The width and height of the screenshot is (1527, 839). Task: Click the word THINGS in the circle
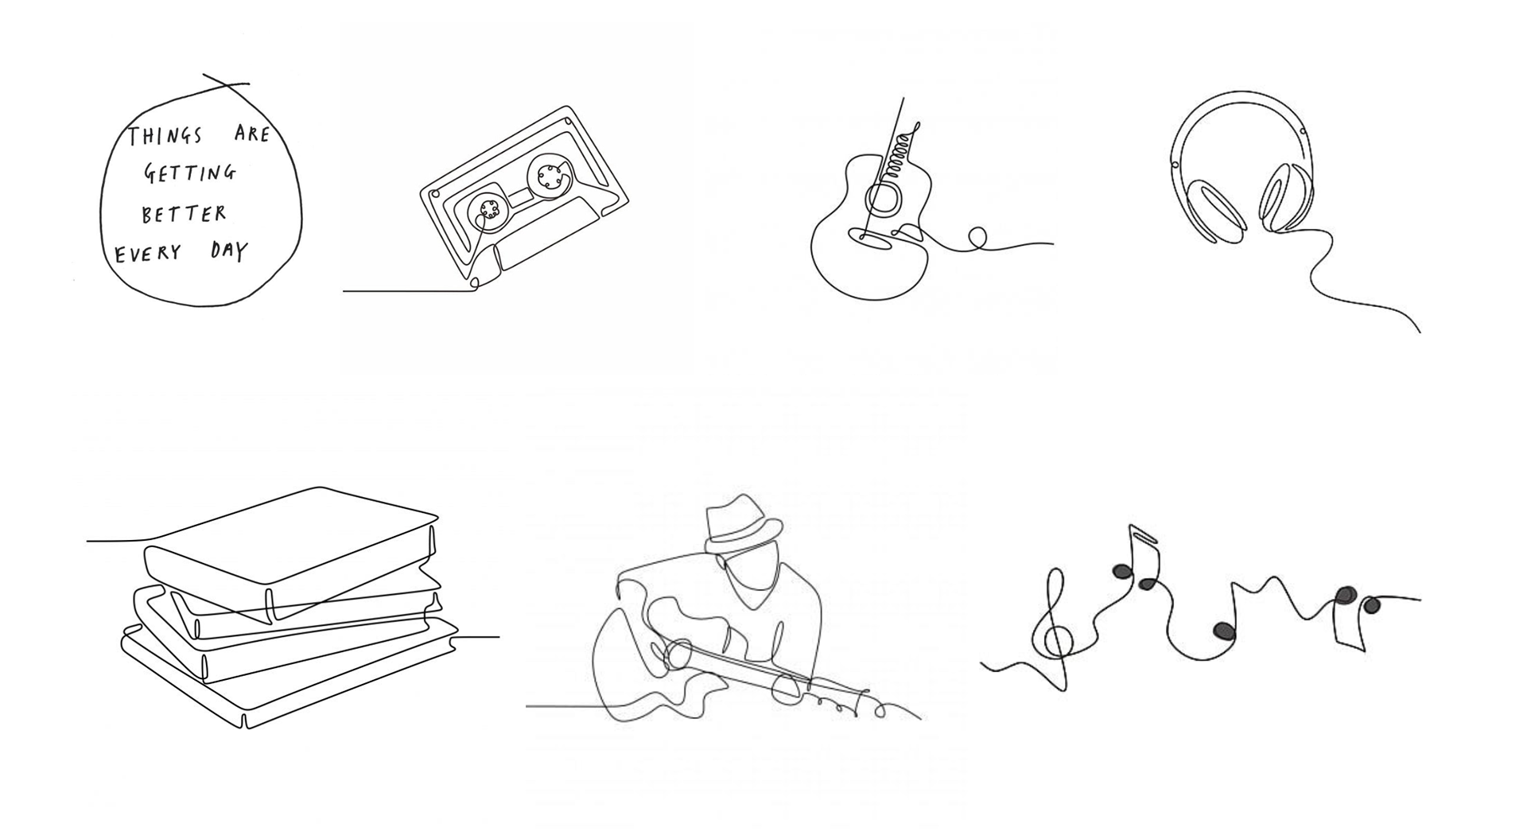pyautogui.click(x=165, y=136)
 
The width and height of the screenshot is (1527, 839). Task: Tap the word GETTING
pyautogui.click(x=190, y=173)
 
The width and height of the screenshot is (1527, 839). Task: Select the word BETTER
pyautogui.click(x=184, y=214)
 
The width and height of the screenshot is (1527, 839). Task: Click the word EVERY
pyautogui.click(x=149, y=254)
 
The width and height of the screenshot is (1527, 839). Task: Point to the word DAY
pyautogui.click(x=230, y=251)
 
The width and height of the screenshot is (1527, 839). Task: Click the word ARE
pyautogui.click(x=253, y=134)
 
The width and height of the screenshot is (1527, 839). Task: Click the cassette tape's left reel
pyautogui.click(x=488, y=210)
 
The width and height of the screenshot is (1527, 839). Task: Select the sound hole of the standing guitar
pyautogui.click(x=883, y=199)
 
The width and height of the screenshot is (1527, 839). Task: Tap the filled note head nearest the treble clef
pyautogui.click(x=1121, y=572)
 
